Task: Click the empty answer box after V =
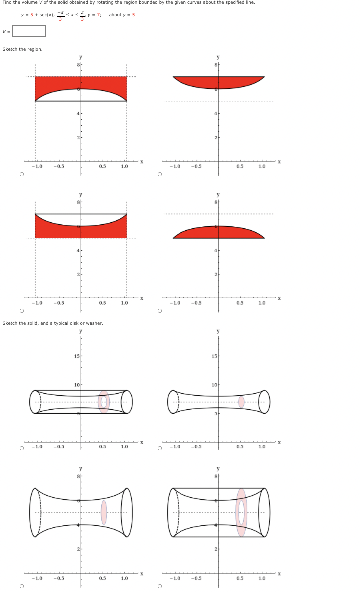[x=29, y=31]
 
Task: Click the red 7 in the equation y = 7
[x=98, y=15]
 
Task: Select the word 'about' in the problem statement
[x=115, y=15]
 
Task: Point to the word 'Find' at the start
[x=7, y=2]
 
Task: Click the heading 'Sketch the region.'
[x=22, y=49]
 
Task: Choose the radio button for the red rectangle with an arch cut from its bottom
[x=22, y=174]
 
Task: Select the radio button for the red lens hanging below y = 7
[x=160, y=174]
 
